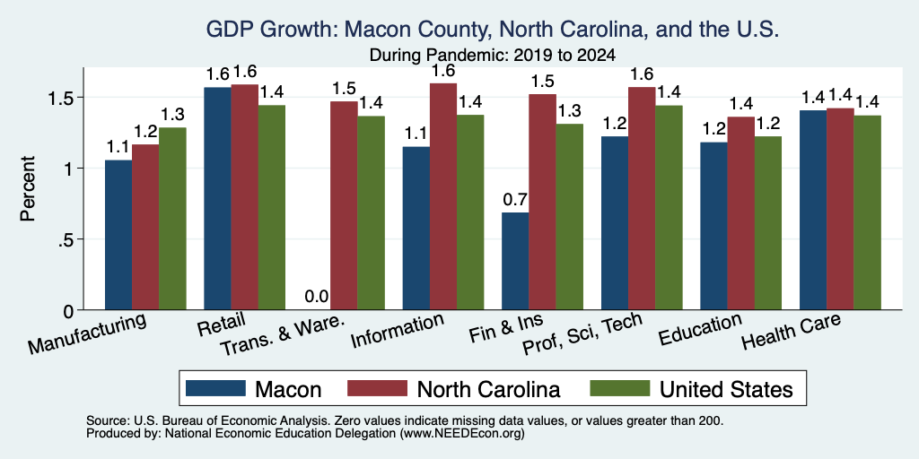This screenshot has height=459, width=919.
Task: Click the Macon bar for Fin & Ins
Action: [x=515, y=261]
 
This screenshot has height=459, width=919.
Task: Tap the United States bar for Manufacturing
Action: [x=172, y=219]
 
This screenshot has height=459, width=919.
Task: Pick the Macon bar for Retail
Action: [x=217, y=198]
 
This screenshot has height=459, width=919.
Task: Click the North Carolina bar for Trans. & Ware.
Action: [x=344, y=205]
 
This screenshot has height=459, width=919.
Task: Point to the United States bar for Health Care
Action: [x=868, y=212]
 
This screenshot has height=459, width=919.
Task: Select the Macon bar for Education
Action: [x=713, y=226]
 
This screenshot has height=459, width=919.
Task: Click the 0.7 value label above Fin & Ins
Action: [x=515, y=200]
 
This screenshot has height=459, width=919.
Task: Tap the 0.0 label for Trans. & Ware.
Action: [x=317, y=297]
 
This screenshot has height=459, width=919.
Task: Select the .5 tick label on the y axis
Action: [x=65, y=239]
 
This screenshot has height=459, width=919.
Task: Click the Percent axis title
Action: [x=28, y=188]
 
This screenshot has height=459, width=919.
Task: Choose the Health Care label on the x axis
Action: [x=792, y=331]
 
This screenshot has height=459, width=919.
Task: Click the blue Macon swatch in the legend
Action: [x=215, y=388]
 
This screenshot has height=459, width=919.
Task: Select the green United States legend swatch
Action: [x=619, y=388]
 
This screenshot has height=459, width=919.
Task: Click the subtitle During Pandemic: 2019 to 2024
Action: [x=493, y=56]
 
